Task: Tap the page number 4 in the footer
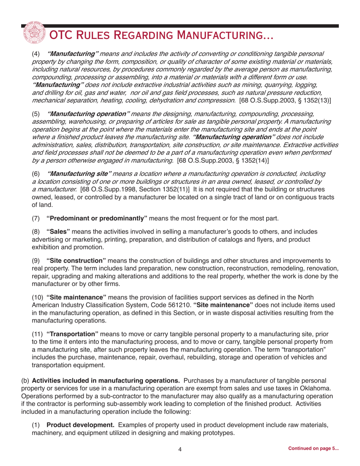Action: [x=180, y=449]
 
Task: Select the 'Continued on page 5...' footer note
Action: [x=313, y=449]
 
